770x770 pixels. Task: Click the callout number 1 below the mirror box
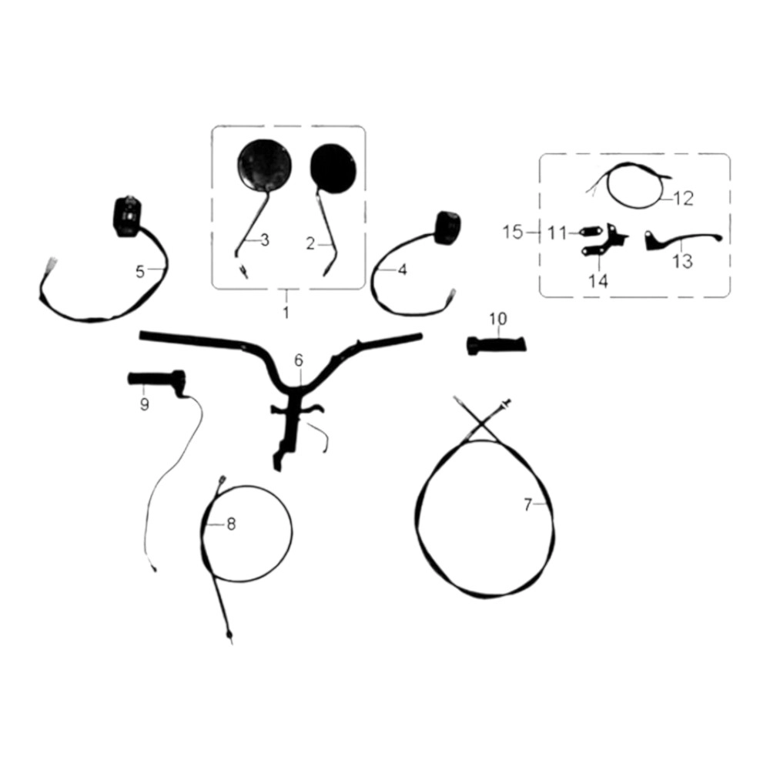click(x=286, y=312)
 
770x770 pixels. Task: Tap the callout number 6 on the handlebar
click(x=299, y=360)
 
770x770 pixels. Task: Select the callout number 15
click(x=513, y=232)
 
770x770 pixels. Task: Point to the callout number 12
click(x=683, y=199)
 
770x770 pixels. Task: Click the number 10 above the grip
click(x=497, y=319)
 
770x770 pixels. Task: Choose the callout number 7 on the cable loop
click(x=527, y=504)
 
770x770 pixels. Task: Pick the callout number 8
click(x=231, y=524)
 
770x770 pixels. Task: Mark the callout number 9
click(x=145, y=405)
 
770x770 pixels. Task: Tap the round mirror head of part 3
click(x=264, y=166)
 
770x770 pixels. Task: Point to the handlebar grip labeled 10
click(x=497, y=345)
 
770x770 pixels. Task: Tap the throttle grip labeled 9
click(x=157, y=380)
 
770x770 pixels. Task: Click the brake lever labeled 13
click(x=682, y=240)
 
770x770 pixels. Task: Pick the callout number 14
click(x=598, y=281)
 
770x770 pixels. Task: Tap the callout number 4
click(x=402, y=269)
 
